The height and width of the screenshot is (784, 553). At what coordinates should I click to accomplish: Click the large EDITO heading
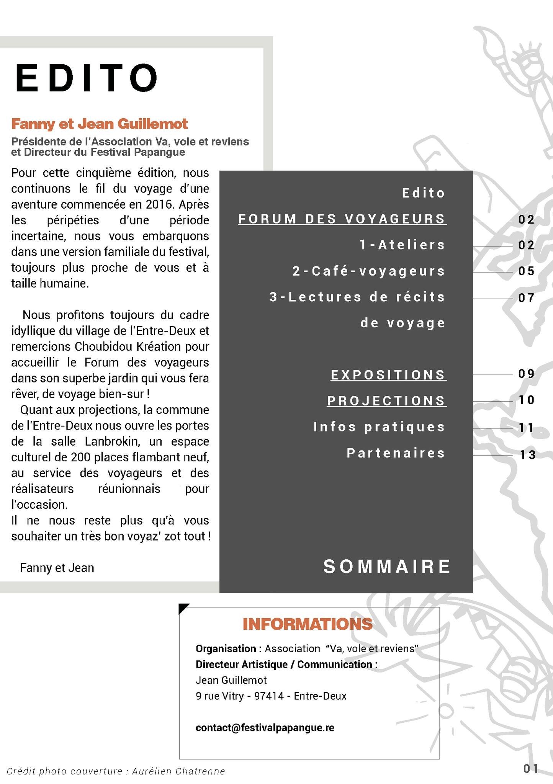click(x=86, y=78)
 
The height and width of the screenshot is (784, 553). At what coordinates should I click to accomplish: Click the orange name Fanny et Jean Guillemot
click(x=100, y=124)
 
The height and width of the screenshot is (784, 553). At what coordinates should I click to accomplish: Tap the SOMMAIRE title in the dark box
click(x=387, y=567)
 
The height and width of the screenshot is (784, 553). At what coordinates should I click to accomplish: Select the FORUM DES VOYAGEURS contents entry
click(x=342, y=219)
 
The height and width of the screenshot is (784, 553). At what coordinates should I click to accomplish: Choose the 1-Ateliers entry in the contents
click(x=402, y=245)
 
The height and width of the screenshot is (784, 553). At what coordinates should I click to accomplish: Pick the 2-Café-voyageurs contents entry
click(x=369, y=271)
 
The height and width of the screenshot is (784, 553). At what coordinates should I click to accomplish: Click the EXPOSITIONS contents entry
click(x=388, y=375)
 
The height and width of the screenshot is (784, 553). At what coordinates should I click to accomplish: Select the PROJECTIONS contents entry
click(x=386, y=401)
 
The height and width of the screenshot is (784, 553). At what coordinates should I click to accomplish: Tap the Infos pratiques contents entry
click(x=379, y=427)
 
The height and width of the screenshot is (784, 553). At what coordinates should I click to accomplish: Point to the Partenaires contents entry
click(x=396, y=453)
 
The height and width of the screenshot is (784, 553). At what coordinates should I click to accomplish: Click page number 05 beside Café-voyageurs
click(x=526, y=271)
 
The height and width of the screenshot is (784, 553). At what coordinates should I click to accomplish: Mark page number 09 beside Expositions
click(x=526, y=374)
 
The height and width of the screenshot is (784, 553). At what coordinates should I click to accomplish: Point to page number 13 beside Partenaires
click(x=527, y=455)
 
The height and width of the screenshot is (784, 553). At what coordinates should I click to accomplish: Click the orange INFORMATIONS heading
click(x=308, y=624)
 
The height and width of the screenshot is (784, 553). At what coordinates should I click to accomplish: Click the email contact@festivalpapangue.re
click(x=265, y=728)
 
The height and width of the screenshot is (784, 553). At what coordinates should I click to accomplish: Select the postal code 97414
click(x=269, y=696)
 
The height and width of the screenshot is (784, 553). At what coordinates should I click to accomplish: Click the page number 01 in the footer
click(x=530, y=768)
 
